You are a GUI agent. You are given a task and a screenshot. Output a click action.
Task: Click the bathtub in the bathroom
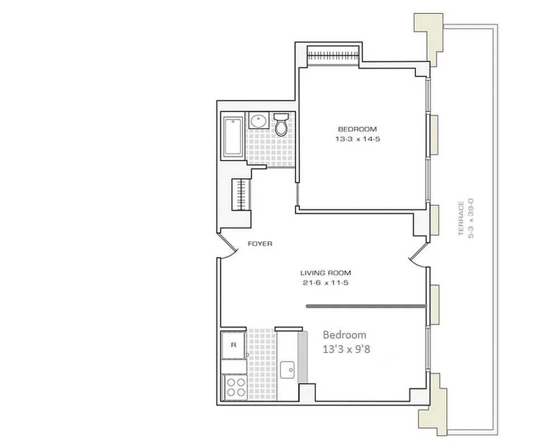[x=233, y=137]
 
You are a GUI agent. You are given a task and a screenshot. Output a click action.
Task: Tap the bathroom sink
[x=258, y=121]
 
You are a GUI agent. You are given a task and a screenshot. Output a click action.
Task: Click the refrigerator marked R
[x=234, y=345]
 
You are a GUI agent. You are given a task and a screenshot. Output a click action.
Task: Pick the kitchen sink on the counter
[x=289, y=368]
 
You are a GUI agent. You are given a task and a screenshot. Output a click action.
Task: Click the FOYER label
[x=260, y=244]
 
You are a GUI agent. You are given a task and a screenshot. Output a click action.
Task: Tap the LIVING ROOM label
[x=325, y=273]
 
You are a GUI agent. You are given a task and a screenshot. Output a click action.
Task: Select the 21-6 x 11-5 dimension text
[x=325, y=283]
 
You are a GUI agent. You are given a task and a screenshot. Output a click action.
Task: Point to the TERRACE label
[x=461, y=218]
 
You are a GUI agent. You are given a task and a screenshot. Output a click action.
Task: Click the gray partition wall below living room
[x=366, y=306]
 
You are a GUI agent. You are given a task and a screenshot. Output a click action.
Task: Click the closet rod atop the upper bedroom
[x=333, y=55]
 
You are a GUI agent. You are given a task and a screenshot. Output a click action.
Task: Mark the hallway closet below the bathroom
[x=242, y=194]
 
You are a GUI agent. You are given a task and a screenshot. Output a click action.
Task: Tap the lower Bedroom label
[x=344, y=335]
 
